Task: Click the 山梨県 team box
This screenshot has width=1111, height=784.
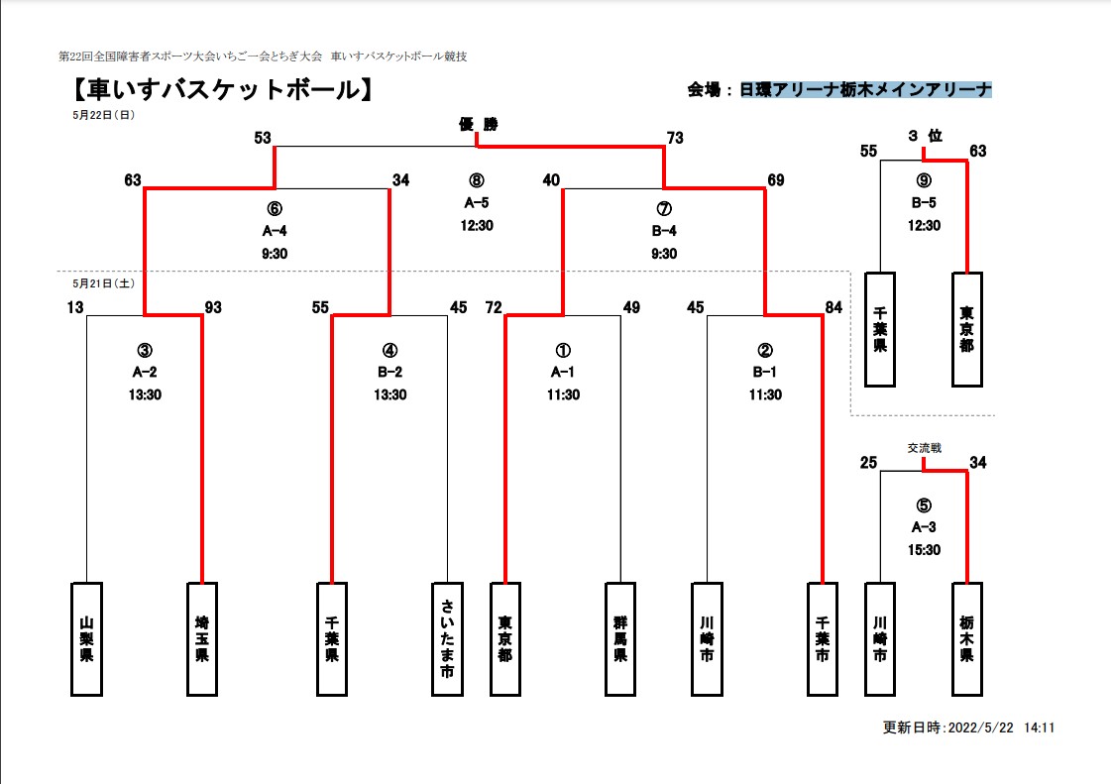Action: (86, 639)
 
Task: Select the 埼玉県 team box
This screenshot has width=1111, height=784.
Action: (202, 639)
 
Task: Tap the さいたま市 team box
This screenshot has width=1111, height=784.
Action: (448, 639)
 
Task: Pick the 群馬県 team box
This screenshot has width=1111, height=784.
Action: (621, 639)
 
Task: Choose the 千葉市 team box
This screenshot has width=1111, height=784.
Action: (823, 639)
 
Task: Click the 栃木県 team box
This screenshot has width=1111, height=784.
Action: (966, 639)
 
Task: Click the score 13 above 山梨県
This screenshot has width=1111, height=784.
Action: (76, 307)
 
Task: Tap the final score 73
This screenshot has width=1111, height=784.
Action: (675, 138)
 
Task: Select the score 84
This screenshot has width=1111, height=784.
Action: (833, 307)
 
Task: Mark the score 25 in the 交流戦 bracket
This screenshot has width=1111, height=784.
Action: (869, 462)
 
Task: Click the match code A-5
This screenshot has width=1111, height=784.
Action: (477, 202)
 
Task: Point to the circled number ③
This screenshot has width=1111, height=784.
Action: (145, 350)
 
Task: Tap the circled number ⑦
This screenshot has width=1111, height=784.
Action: (664, 209)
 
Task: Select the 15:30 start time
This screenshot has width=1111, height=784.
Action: (924, 550)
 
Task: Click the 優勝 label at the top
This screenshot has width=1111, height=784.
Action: (478, 124)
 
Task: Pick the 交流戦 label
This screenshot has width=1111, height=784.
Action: (924, 448)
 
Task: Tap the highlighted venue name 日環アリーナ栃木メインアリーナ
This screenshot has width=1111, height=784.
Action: (866, 90)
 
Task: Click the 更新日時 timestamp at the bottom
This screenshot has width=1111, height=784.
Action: (968, 727)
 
